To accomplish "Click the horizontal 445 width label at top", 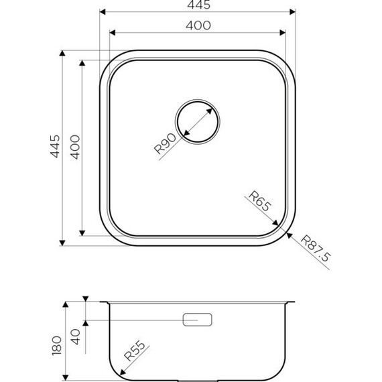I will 198,6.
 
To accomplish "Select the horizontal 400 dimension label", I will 198,25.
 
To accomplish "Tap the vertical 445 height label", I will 56,146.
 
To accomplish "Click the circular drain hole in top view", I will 197,122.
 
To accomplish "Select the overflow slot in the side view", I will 198,320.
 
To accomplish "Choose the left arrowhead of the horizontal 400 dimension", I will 111,31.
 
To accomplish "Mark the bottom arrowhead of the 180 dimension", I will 66,377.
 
